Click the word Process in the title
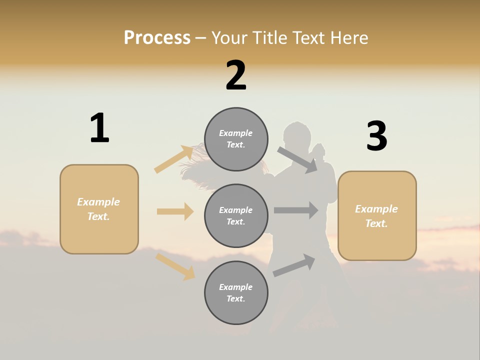coord(157,38)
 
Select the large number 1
coord(99,128)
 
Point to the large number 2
coord(236,75)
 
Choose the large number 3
coord(376,136)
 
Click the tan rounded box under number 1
coord(99,209)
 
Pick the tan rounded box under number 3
coord(377,216)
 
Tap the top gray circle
coord(236,139)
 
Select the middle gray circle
coord(236,216)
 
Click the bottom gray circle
coord(236,293)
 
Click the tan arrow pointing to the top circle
coord(174,159)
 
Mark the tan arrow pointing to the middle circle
coord(175,211)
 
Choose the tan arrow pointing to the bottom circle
coord(175,266)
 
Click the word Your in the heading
coord(230,38)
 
